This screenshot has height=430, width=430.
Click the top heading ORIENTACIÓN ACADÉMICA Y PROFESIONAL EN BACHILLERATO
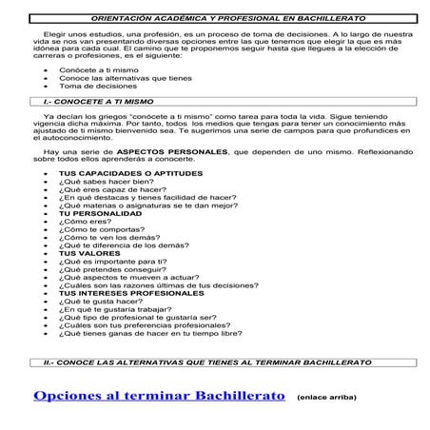(215, 18)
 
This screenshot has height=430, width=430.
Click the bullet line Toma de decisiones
(91, 86)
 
